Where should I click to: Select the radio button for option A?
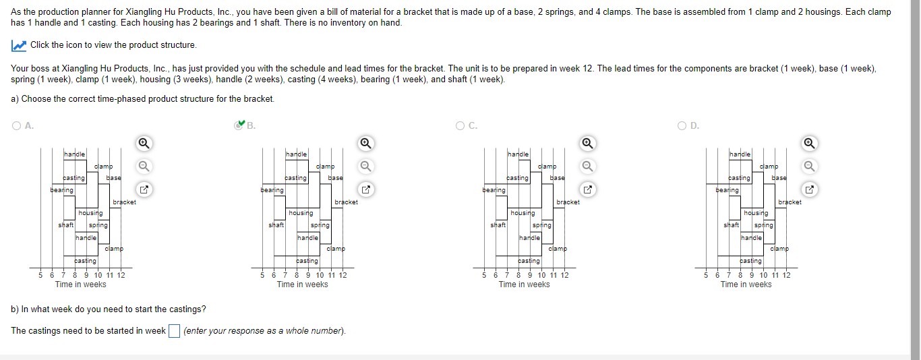click(x=16, y=125)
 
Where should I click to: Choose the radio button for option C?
click(x=460, y=125)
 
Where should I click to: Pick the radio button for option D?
click(x=682, y=125)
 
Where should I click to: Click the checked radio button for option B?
click(x=238, y=125)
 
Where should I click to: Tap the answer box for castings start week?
click(x=174, y=331)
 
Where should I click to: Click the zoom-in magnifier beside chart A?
click(x=143, y=143)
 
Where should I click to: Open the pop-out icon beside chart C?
click(x=587, y=189)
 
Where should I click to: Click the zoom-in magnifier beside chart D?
click(x=808, y=143)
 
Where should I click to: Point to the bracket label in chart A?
click(x=124, y=202)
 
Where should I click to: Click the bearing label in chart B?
click(x=272, y=190)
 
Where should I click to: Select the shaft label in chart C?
click(x=498, y=225)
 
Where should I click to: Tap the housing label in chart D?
click(x=755, y=213)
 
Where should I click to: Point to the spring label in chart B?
click(x=320, y=225)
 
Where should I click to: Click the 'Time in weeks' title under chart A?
click(x=81, y=284)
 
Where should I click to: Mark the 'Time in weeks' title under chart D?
click(x=746, y=284)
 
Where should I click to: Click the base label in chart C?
click(x=557, y=178)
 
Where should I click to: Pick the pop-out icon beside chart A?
click(x=143, y=189)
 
